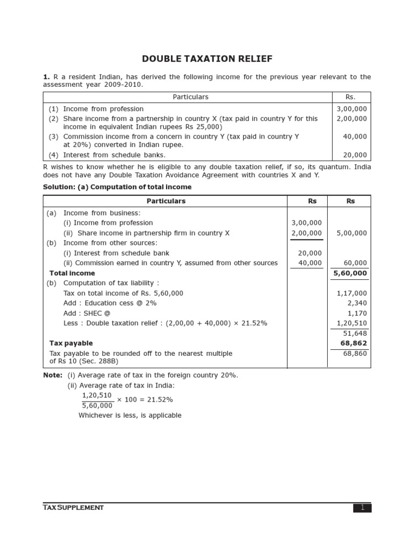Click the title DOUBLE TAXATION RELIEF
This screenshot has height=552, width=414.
click(207, 59)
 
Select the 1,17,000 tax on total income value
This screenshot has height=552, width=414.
click(351, 293)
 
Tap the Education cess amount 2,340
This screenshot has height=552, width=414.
click(357, 303)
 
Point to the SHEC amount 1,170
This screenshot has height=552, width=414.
click(357, 313)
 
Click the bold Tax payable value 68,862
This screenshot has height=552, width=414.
click(353, 343)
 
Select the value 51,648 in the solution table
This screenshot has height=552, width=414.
click(355, 334)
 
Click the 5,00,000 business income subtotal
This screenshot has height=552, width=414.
click(351, 233)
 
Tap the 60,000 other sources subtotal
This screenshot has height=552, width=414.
click(355, 263)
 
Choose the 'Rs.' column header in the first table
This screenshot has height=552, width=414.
click(350, 97)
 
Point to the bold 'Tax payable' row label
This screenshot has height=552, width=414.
click(71, 343)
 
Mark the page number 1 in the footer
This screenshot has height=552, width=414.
click(362, 508)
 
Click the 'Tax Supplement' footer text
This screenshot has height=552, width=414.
click(73, 508)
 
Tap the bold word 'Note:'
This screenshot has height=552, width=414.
click(52, 375)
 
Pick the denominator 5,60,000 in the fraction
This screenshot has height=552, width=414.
click(98, 406)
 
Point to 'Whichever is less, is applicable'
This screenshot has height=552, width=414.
click(130, 416)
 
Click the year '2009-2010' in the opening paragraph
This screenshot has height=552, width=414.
click(122, 85)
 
